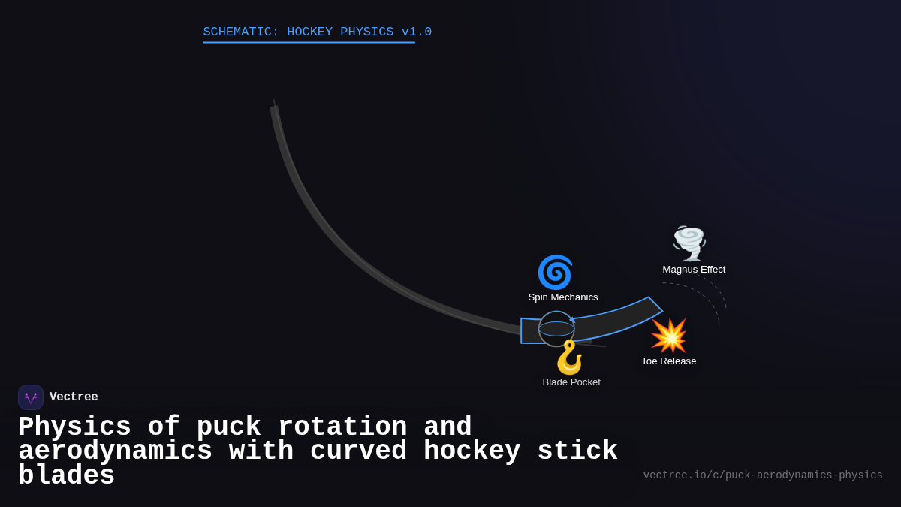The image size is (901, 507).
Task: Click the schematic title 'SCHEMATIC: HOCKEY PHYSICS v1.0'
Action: click(317, 32)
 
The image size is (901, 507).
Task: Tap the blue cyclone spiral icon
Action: click(555, 272)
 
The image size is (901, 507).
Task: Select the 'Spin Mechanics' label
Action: click(563, 297)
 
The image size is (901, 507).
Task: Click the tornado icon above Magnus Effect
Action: click(689, 243)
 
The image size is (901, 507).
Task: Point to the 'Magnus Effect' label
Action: click(694, 270)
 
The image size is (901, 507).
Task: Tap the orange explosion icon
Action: click(668, 336)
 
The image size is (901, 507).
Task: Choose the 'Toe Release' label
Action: click(668, 361)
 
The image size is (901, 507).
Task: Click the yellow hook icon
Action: click(569, 357)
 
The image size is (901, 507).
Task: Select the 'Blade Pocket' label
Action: click(571, 382)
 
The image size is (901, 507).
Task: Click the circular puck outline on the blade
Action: click(556, 329)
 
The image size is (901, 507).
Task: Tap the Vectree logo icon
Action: click(31, 397)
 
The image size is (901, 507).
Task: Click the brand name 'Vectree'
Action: click(74, 397)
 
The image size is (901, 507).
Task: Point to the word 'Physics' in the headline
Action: click(74, 427)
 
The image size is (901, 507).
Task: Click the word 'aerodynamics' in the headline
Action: click(115, 451)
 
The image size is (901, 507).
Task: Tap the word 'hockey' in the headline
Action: click(472, 451)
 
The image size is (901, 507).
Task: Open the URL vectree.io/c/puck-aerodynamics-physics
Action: click(763, 475)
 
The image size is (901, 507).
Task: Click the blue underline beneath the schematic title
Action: click(309, 43)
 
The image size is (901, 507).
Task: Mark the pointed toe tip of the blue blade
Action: click(661, 309)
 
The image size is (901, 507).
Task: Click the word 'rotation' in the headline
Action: click(342, 427)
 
